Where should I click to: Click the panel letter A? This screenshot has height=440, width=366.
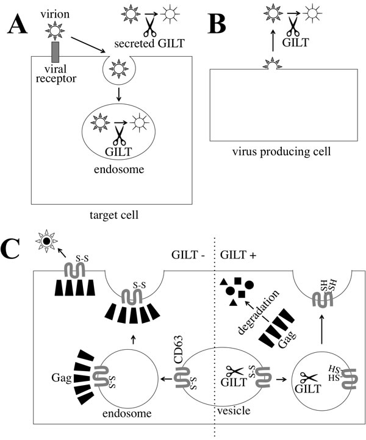[18, 25]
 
